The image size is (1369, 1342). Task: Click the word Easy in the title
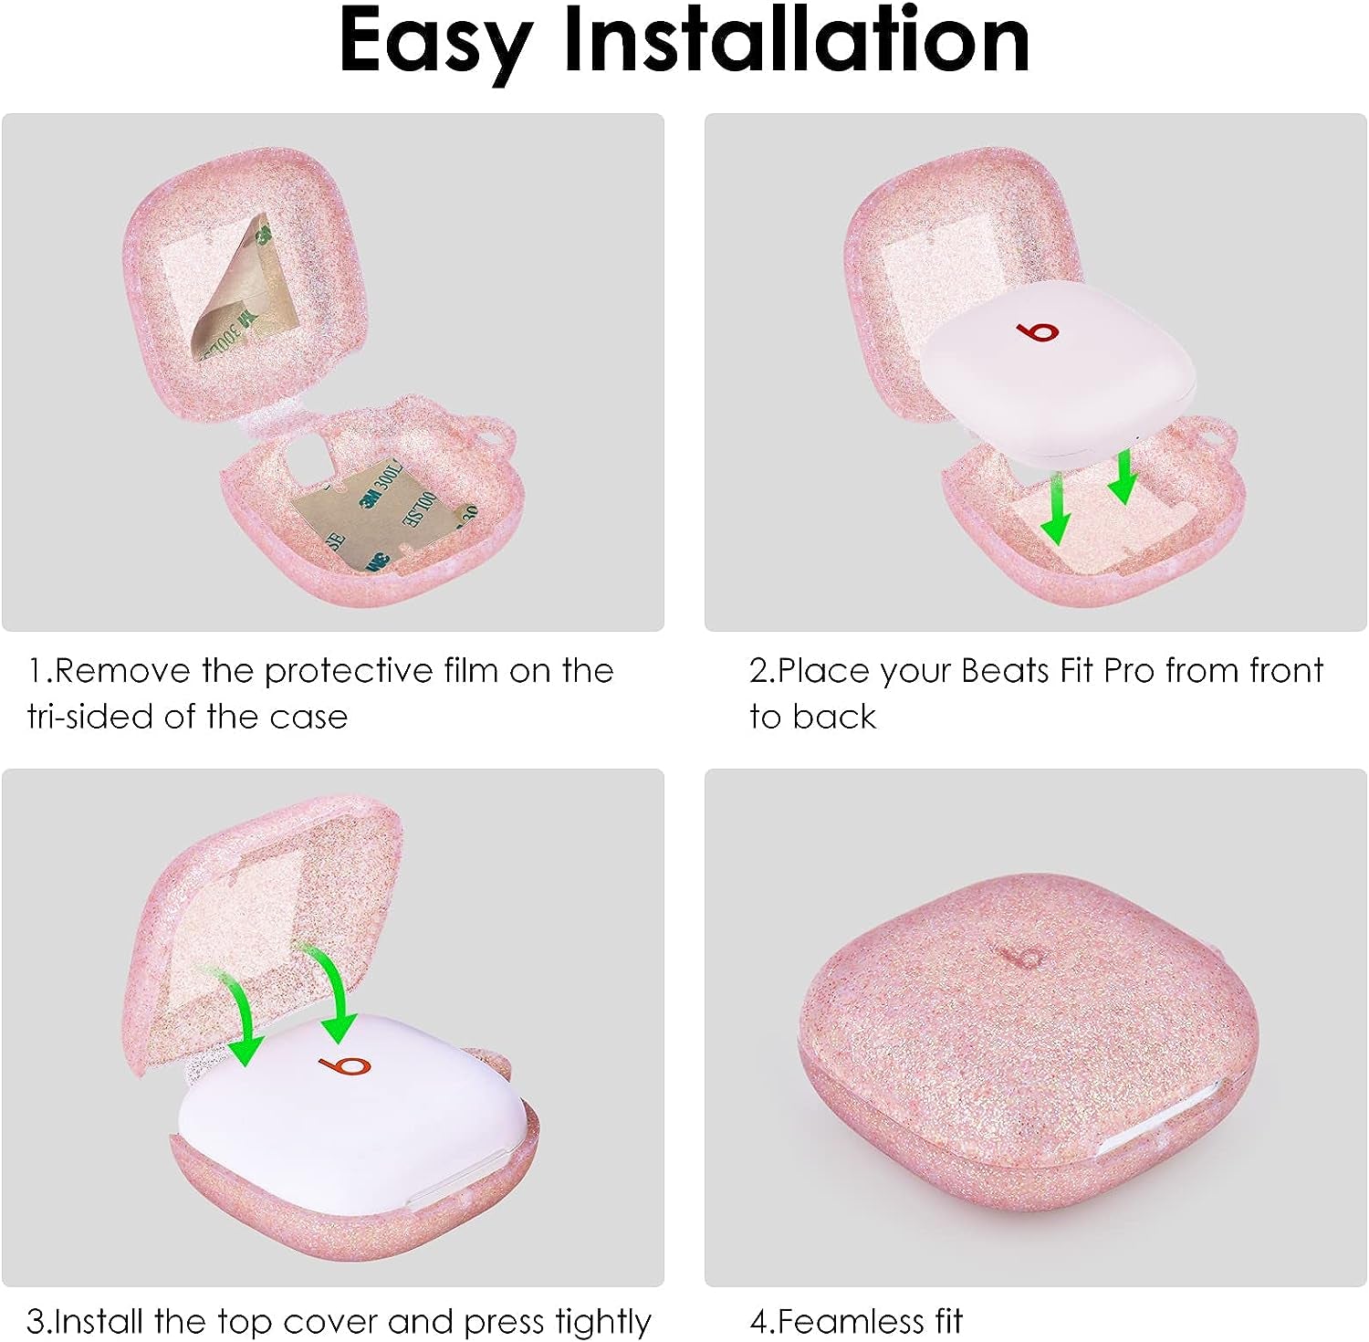coord(435,41)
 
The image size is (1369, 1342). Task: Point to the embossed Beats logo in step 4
coord(1020,956)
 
